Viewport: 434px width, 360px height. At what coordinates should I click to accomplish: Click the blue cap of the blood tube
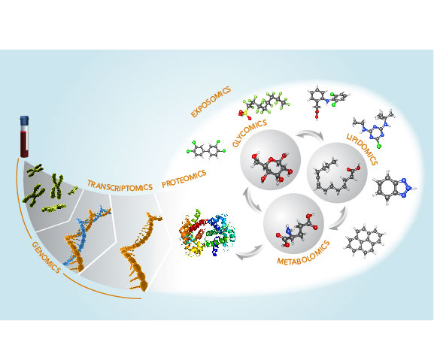(24, 120)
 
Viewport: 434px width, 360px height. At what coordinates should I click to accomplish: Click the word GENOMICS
(46, 257)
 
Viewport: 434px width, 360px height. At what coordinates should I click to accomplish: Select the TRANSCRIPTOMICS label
(120, 185)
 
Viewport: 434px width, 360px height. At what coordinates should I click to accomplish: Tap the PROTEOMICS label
(184, 179)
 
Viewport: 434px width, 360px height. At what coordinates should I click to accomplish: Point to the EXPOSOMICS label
(211, 102)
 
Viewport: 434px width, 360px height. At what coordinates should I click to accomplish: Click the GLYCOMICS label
(250, 133)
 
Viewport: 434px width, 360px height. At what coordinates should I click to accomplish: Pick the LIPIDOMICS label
(362, 149)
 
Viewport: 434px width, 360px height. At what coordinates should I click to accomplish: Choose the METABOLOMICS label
(304, 253)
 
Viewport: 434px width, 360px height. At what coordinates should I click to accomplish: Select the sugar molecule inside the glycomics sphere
(272, 168)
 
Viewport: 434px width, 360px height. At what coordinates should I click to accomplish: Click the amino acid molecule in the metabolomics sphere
(296, 231)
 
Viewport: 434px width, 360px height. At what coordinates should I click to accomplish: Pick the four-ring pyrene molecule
(364, 241)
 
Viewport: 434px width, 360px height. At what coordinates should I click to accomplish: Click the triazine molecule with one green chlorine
(374, 128)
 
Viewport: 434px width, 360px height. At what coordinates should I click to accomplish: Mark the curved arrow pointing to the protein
(249, 253)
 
